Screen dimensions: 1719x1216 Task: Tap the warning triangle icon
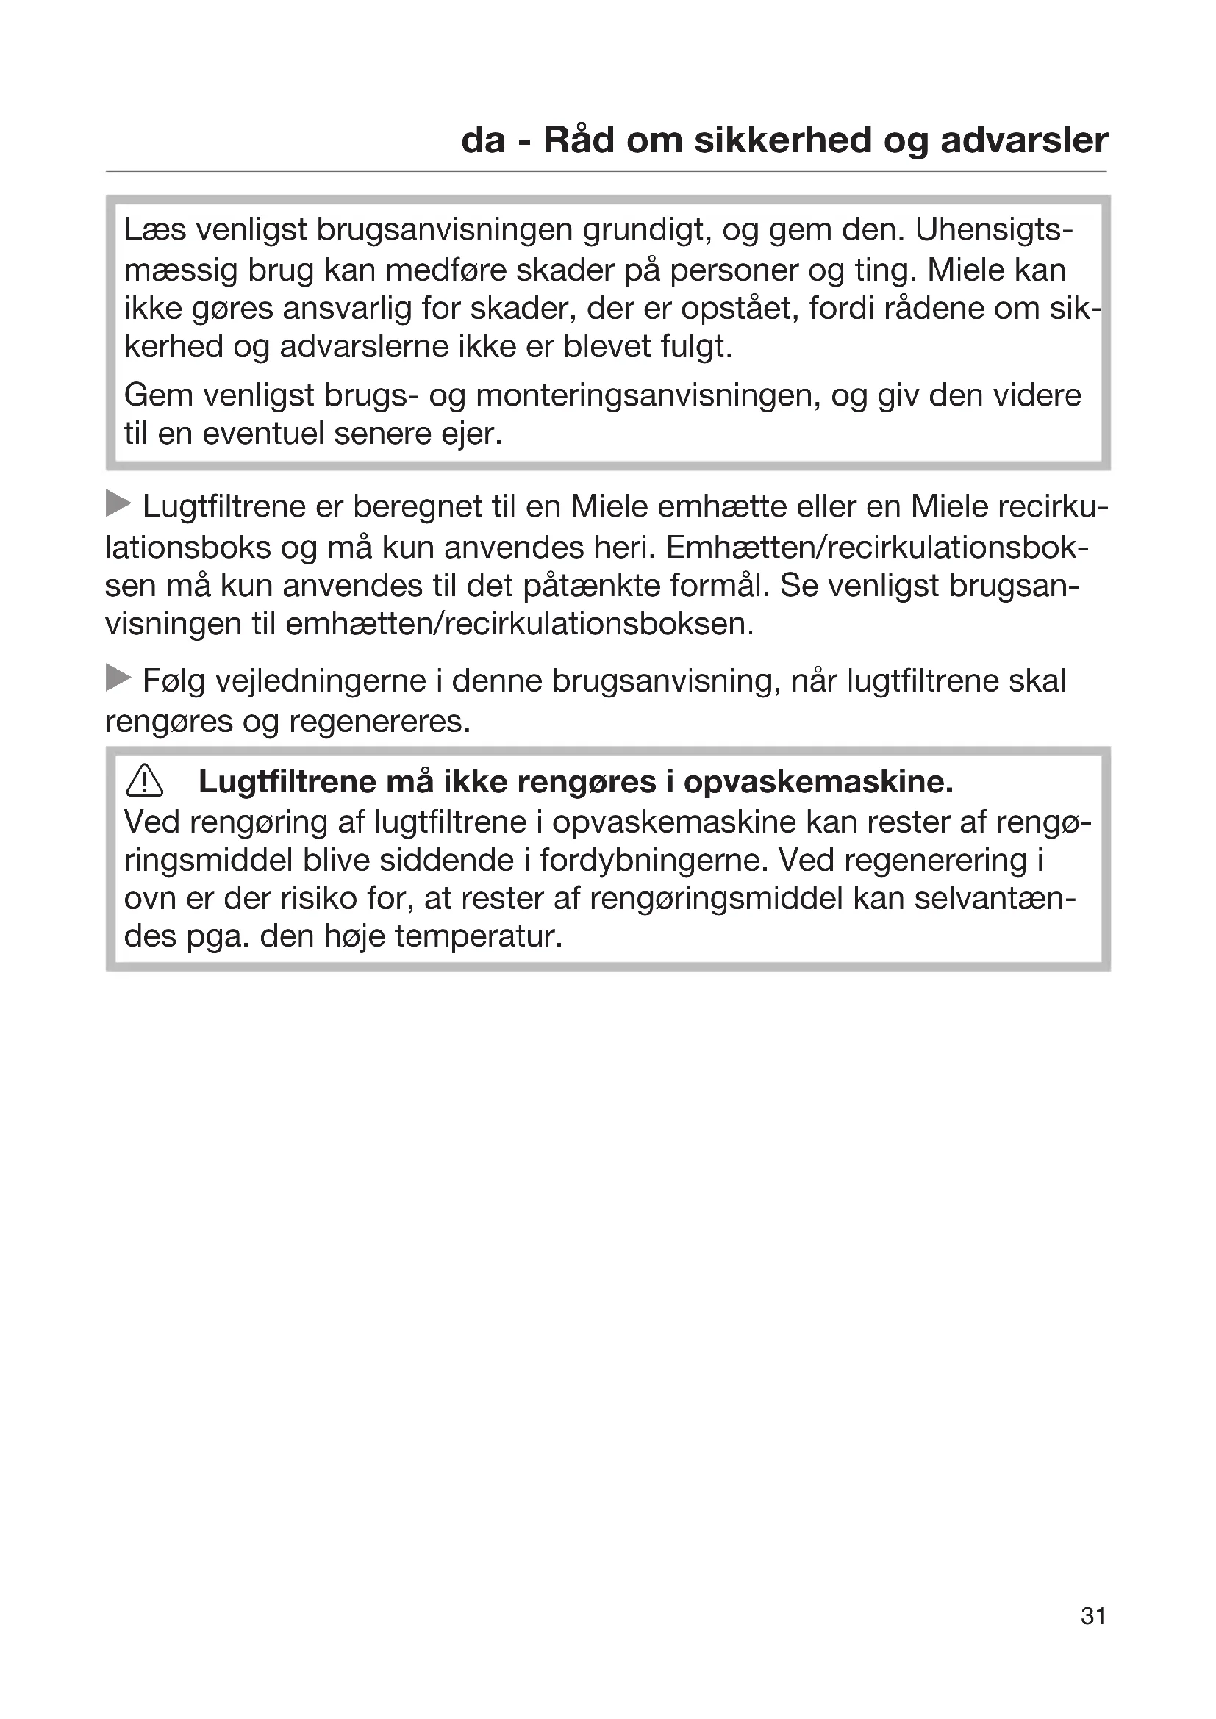click(x=145, y=783)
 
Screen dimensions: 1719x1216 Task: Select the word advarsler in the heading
click(x=1023, y=140)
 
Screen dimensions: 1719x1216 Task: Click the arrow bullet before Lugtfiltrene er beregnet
click(x=118, y=504)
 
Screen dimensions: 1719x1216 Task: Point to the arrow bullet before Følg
click(x=118, y=678)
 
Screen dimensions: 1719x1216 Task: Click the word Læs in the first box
click(x=154, y=230)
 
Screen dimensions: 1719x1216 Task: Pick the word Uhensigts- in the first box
click(x=994, y=230)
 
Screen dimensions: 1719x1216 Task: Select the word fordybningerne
click(x=654, y=861)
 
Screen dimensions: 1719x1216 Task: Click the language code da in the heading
click(x=483, y=140)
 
